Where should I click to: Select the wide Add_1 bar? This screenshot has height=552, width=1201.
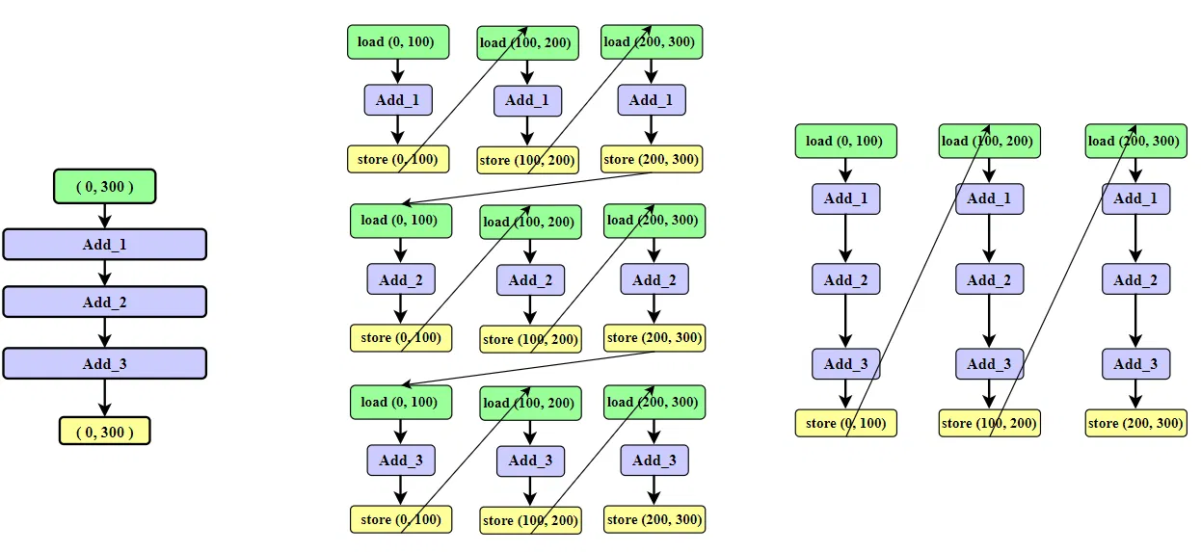(104, 245)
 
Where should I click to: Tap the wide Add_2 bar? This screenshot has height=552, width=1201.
(104, 302)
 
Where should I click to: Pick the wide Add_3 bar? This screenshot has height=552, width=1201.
(104, 363)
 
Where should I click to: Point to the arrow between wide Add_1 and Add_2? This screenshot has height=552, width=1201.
(105, 274)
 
